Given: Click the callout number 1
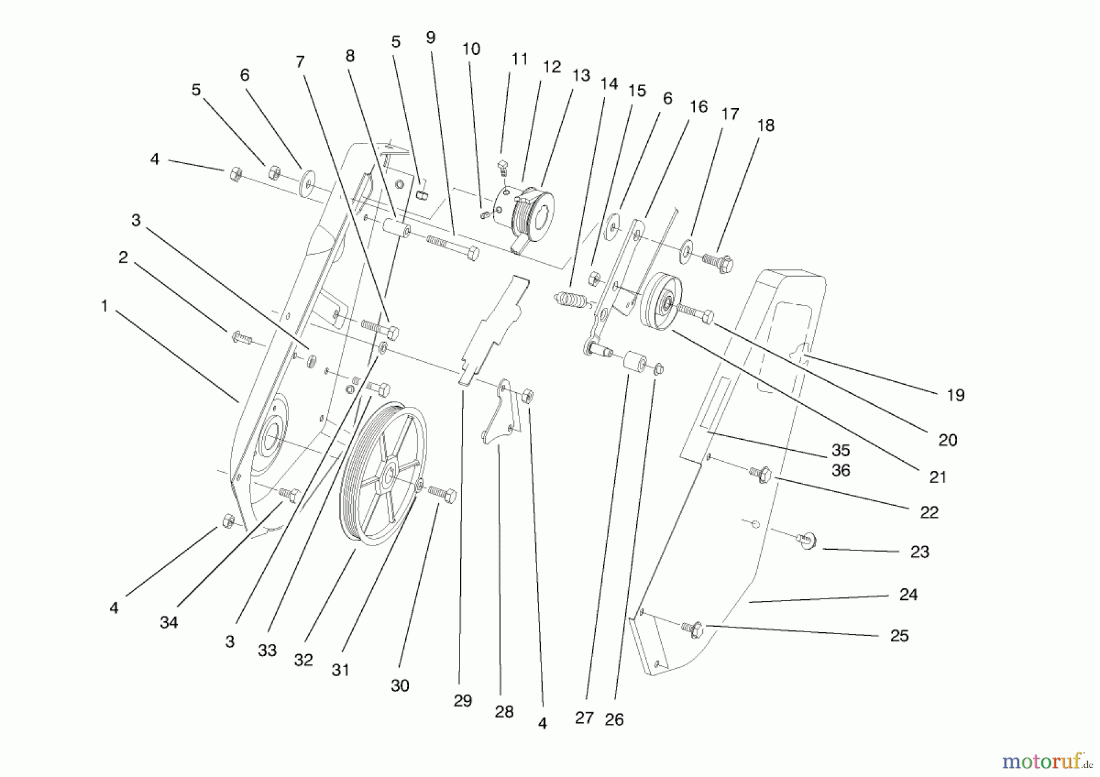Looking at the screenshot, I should point(105,306).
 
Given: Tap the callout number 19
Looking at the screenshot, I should point(955,395).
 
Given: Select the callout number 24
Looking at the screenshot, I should point(908,594).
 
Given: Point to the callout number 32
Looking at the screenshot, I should point(303,660).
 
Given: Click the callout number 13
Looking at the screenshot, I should point(581,75).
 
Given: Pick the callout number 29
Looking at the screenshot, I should point(463,701).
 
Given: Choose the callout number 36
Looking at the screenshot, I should point(841,470).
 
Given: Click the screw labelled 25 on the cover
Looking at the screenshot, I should point(694,629).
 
